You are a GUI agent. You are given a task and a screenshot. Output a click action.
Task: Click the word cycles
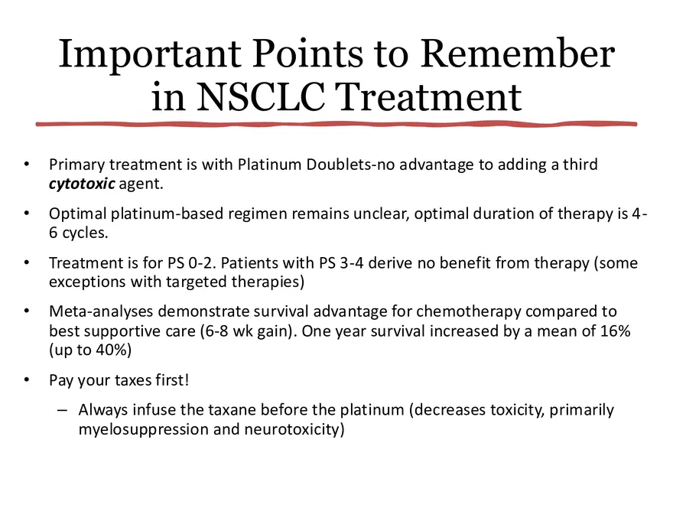coord(90,233)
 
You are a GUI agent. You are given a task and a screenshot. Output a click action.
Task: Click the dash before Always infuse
coord(61,409)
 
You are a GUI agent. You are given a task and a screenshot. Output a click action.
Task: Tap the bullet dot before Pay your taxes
coord(27,380)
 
